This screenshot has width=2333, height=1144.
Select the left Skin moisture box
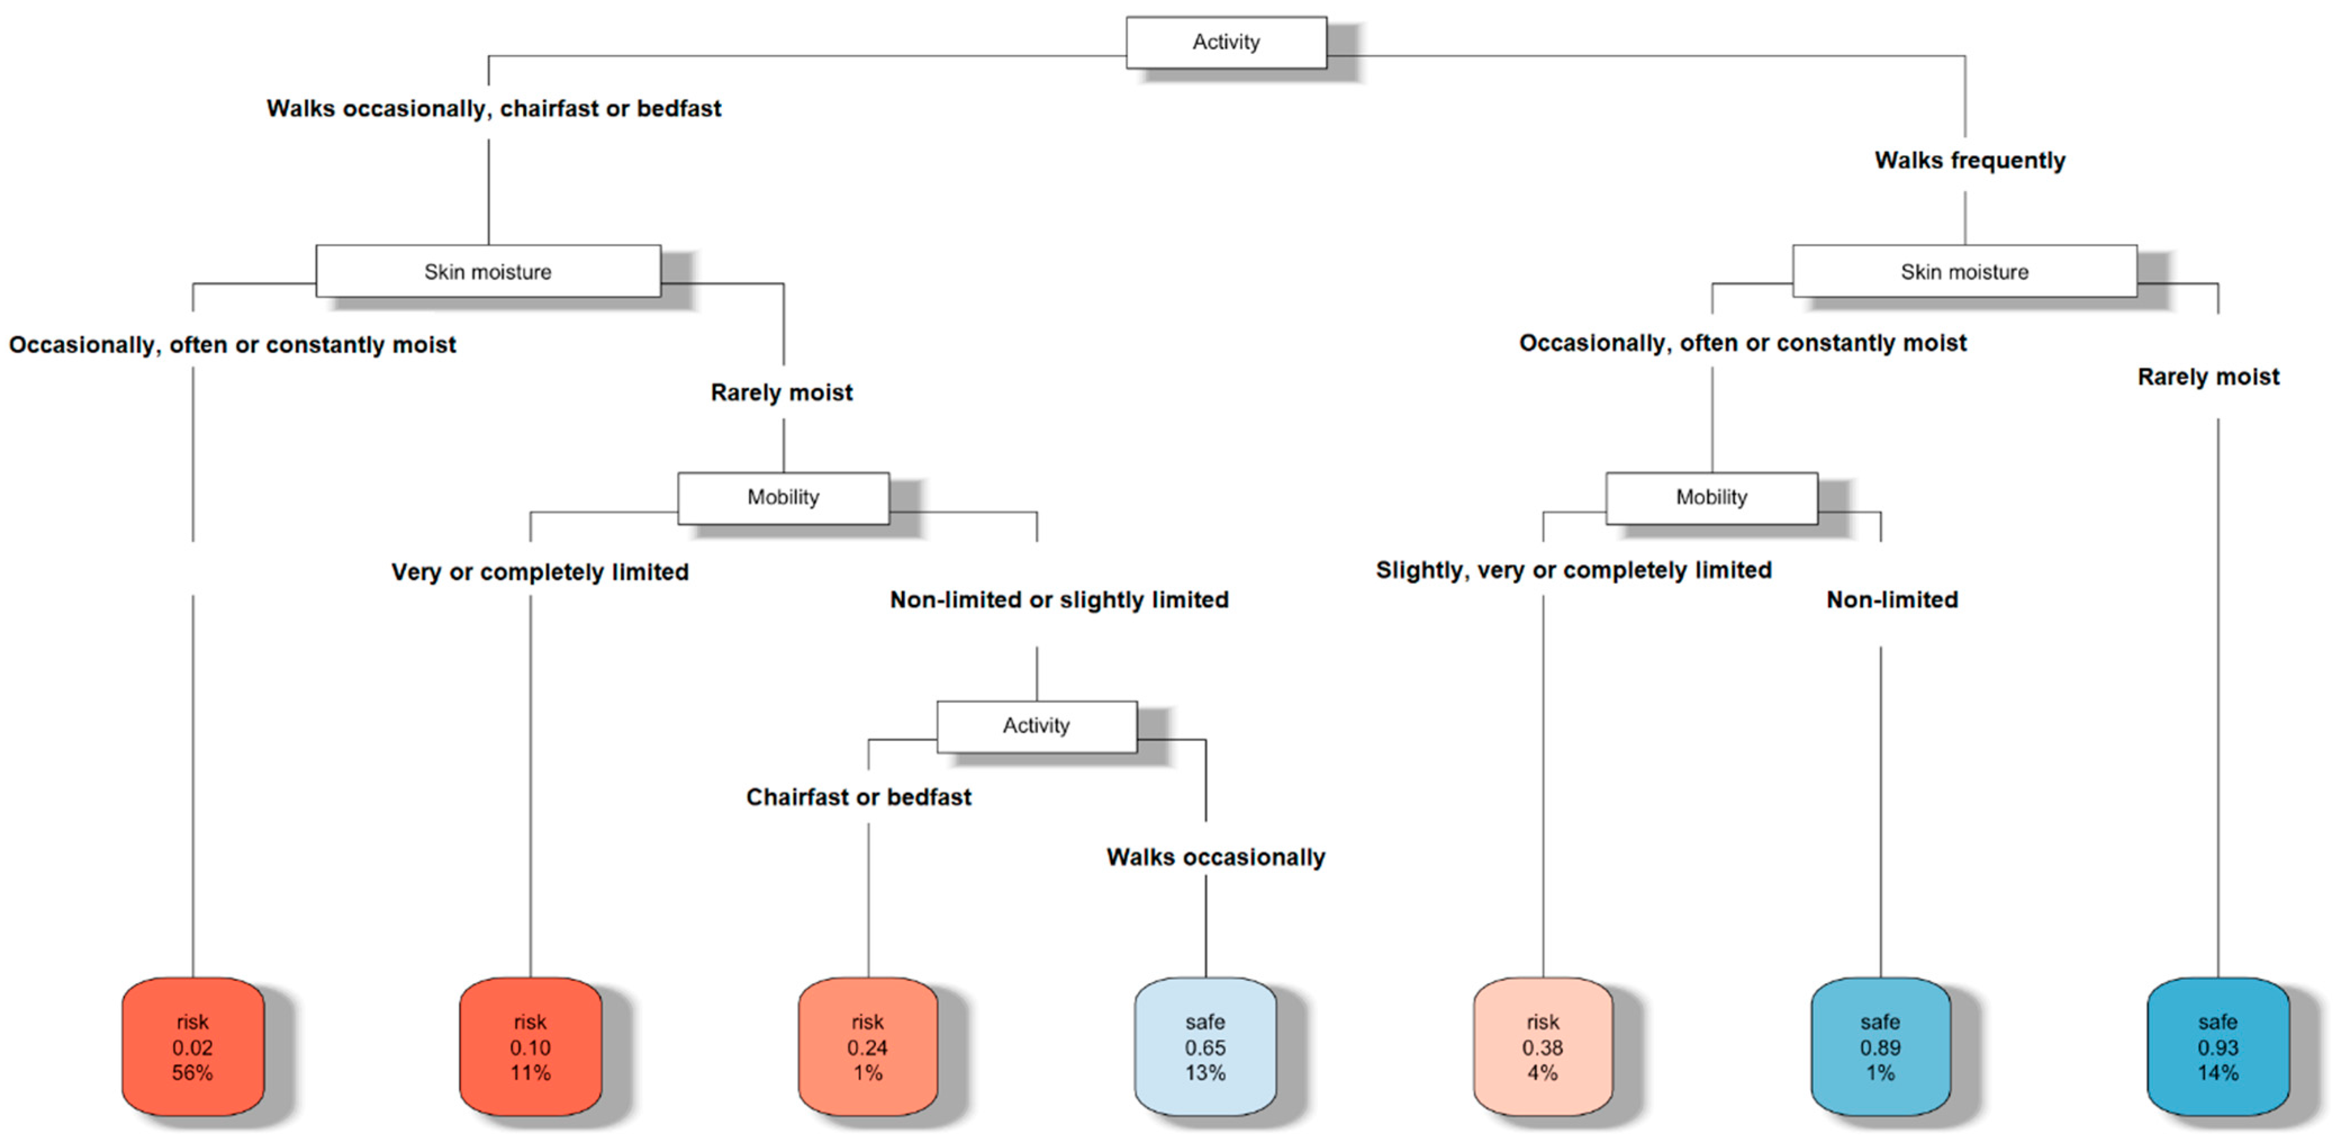point(487,272)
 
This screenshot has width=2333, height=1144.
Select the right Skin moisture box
point(1964,272)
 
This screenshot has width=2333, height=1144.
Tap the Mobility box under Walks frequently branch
point(1711,497)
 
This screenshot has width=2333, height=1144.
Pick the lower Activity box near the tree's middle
point(1036,726)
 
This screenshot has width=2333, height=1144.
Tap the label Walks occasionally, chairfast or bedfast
point(494,109)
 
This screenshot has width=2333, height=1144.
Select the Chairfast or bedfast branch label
point(858,797)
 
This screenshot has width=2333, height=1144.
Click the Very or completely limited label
point(540,573)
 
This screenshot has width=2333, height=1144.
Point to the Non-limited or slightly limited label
point(1059,600)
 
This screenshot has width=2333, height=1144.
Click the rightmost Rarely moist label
point(2208,377)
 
